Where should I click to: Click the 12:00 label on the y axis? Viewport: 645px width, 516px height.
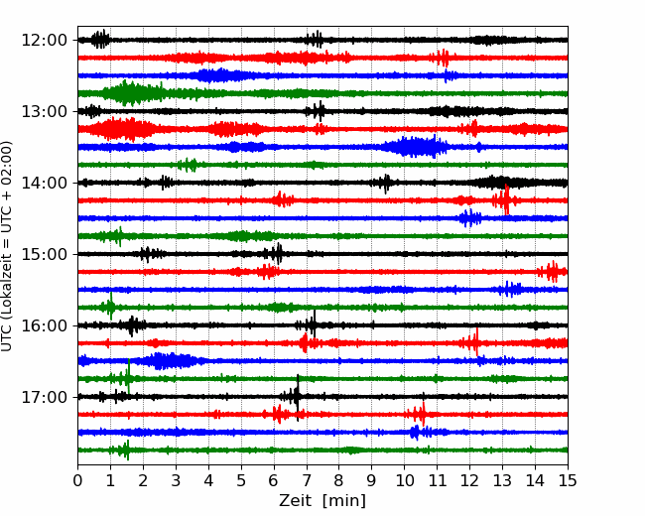pos(44,41)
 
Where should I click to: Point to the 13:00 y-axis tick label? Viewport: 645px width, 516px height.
pos(44,111)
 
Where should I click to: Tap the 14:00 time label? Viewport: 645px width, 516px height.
pos(44,183)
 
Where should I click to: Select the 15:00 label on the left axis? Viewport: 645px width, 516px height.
pos(44,254)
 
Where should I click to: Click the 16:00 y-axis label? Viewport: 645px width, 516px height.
pos(44,325)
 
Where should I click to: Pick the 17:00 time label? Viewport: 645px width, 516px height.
pos(44,397)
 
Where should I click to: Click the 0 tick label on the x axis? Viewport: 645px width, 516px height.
pos(77,480)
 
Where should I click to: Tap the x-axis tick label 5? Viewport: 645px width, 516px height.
pos(241,480)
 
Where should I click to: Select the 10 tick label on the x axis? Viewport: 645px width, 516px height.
pos(404,480)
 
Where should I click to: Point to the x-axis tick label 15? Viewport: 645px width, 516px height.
pos(568,480)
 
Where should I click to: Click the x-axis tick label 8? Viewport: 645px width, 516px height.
pos(339,480)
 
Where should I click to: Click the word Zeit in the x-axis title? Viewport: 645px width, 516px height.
pos(297,501)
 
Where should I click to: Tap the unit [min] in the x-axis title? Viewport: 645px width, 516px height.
pos(344,501)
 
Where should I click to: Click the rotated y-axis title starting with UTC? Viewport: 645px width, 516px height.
pos(6,246)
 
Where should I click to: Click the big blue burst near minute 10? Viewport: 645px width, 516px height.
pos(416,147)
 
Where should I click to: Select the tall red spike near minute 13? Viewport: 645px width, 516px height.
pos(506,200)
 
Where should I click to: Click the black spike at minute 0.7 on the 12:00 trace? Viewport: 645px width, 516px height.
pos(101,40)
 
